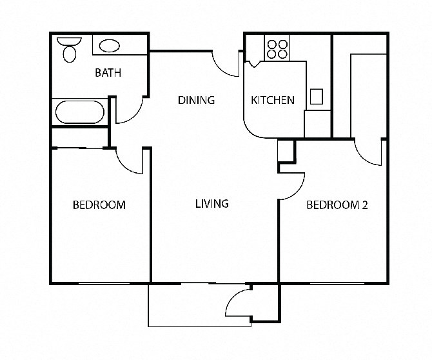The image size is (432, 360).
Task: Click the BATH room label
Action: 108,72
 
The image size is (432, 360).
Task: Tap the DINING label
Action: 196,100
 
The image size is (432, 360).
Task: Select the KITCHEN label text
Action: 273,100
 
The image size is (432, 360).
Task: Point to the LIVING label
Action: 212,204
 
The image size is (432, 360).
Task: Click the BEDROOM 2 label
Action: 337,205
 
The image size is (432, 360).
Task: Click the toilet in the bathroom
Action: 70,50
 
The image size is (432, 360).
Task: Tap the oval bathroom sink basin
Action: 110,46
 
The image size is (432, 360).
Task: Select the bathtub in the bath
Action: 80,112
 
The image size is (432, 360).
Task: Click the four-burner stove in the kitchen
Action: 277,49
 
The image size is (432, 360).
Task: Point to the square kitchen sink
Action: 317,97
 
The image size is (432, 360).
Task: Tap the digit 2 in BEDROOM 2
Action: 365,205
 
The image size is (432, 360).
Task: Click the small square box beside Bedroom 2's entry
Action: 286,150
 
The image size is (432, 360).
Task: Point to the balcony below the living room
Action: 200,305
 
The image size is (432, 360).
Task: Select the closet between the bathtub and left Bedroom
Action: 80,138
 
